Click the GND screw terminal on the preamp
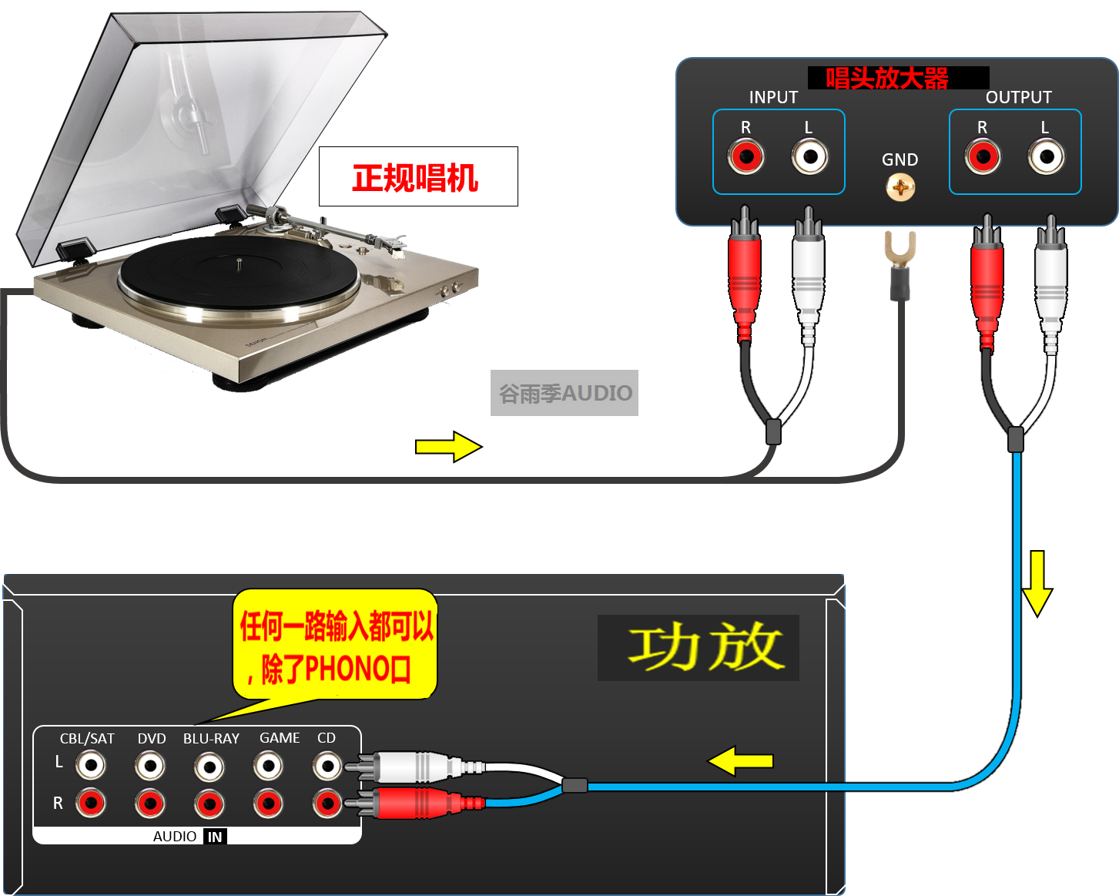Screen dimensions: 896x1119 pos(900,187)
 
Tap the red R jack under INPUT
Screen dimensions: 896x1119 pos(745,157)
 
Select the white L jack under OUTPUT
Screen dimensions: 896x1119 pos(1046,157)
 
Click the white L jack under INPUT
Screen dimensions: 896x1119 pos(809,157)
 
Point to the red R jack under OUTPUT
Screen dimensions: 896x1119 pos(983,157)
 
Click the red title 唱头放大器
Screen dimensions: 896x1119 pos(887,78)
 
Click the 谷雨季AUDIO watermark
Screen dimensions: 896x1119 pos(565,394)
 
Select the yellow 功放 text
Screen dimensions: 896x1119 pos(705,647)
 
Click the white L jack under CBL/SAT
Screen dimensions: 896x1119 pos(91,765)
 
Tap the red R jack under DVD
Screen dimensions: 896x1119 pos(150,804)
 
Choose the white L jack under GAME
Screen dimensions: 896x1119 pos(268,766)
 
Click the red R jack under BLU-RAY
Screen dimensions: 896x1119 pos(209,804)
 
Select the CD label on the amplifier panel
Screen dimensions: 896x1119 pos(327,738)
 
